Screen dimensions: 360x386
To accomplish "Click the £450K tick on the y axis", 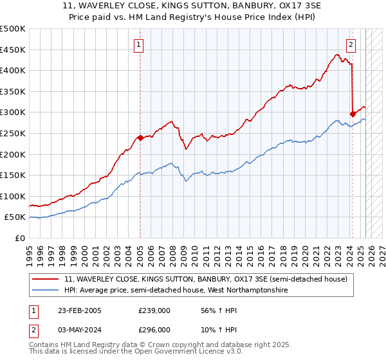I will [13, 50].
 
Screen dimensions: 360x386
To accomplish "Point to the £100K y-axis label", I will [13, 196].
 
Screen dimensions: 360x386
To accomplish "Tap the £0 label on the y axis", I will [20, 238].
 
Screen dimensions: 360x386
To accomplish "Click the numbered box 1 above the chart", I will [140, 44].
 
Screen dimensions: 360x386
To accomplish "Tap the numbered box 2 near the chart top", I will [351, 44].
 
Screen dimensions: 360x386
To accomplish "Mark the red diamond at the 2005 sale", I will [140, 138].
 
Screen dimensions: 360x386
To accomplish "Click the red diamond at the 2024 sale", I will [353, 114].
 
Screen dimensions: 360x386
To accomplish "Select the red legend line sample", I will [46, 279].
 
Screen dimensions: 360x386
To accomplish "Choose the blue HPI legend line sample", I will [46, 291].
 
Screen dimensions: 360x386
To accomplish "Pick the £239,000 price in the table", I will [154, 310].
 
